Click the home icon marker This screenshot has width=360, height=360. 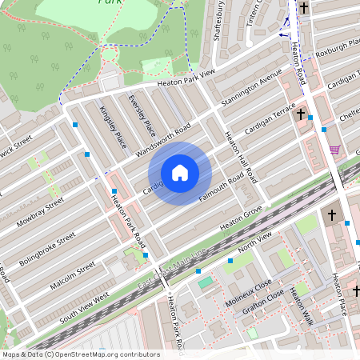coord(180,172)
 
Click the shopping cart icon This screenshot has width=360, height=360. coord(334,149)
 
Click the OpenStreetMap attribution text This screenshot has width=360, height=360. coord(80,354)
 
